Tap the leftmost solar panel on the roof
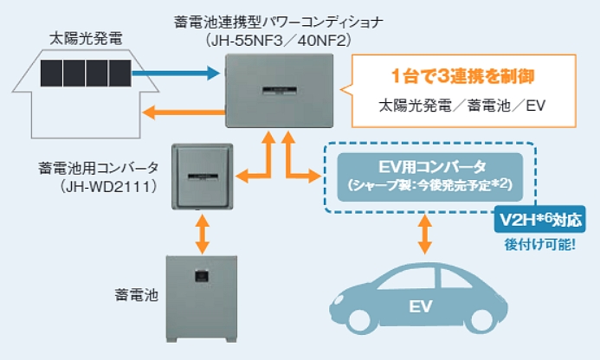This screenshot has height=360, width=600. [53, 74]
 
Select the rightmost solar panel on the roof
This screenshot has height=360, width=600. [119, 74]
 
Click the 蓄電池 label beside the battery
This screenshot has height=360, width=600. [136, 293]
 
